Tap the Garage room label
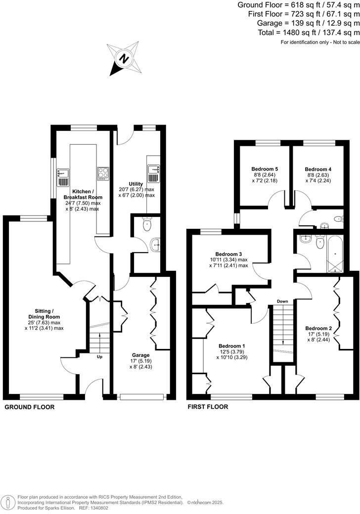tap(141, 355)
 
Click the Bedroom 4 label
tap(318, 169)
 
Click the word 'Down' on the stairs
tap(282, 301)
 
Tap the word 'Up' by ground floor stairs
tap(99, 356)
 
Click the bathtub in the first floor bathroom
tap(335, 254)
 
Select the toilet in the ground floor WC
tap(147, 225)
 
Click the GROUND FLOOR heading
tap(29, 407)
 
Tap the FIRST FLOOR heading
tap(208, 407)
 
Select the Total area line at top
tap(309, 33)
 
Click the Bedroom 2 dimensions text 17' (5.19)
tap(318, 335)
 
